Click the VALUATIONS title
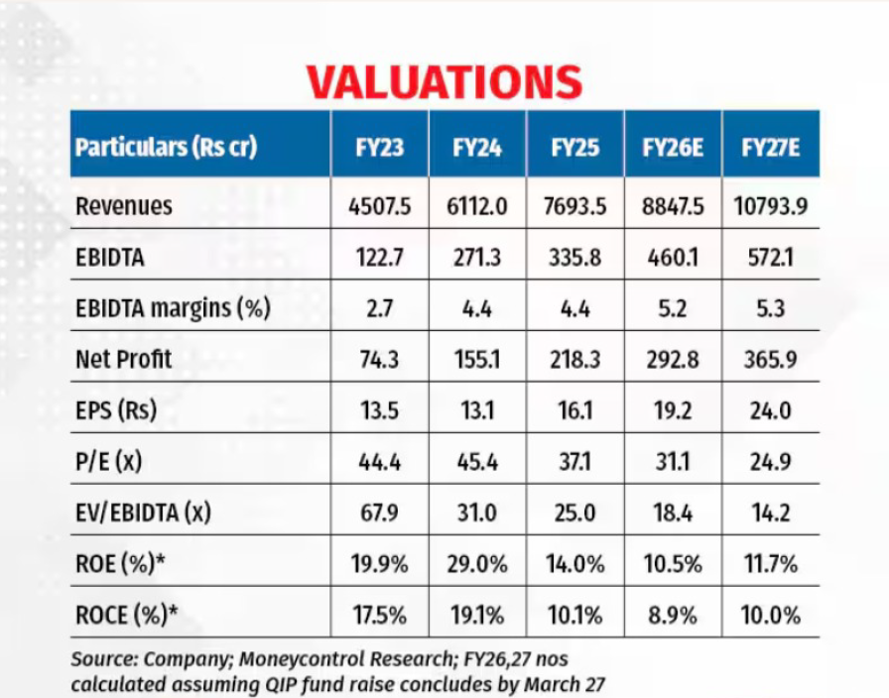tap(444, 82)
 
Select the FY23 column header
tap(379, 148)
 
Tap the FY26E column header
tap(673, 148)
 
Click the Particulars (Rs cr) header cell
tap(166, 148)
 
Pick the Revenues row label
tap(124, 206)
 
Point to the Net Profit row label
tap(124, 359)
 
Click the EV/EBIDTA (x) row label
tap(145, 513)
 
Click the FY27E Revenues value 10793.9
tap(771, 206)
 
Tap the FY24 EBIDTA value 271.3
tap(476, 257)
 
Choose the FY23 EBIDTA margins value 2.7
tap(379, 308)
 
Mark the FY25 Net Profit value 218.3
tap(574, 359)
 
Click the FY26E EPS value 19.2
tap(673, 410)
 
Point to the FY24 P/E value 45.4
tap(476, 461)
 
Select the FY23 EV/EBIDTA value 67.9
tap(379, 513)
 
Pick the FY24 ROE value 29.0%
tap(476, 564)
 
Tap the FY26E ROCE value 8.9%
tap(673, 615)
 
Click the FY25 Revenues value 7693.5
tap(574, 206)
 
